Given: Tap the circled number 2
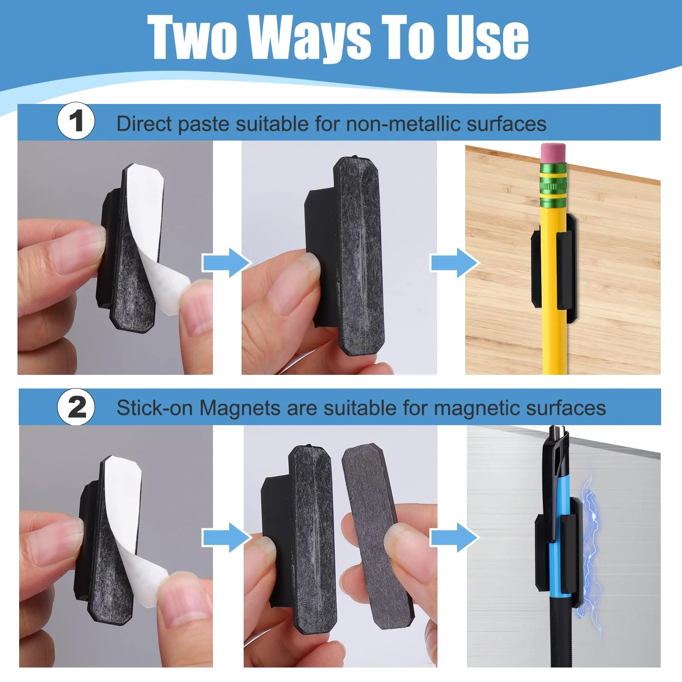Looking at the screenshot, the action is pos(76,407).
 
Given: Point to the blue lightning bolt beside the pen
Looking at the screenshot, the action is pos(590,553).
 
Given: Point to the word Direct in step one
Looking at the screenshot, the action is pos(144,124).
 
